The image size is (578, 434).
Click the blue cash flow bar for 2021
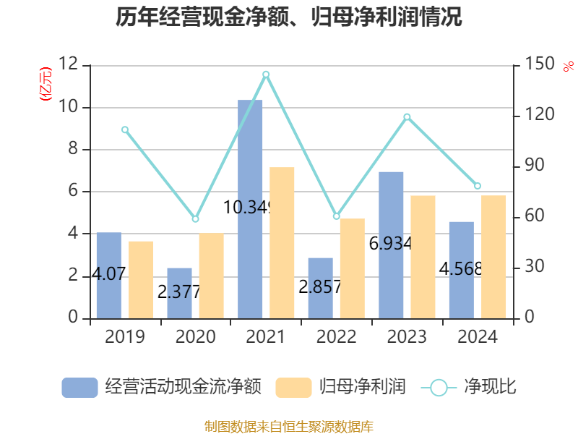click(x=250, y=209)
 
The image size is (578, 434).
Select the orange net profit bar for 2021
click(x=282, y=242)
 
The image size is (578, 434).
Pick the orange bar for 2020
click(x=212, y=276)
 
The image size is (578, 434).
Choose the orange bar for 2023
click(x=423, y=257)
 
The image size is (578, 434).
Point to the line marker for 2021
click(x=266, y=75)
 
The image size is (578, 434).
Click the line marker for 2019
click(x=125, y=130)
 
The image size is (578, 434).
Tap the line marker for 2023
click(x=407, y=117)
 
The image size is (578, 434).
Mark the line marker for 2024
click(x=478, y=186)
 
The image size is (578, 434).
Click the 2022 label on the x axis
click(x=337, y=337)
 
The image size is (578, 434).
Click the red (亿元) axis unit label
click(x=46, y=85)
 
